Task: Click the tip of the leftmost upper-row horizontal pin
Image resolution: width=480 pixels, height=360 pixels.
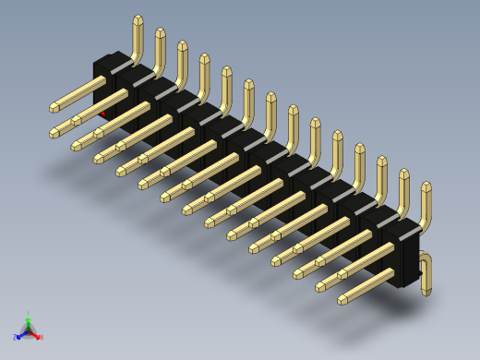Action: [x=54, y=109]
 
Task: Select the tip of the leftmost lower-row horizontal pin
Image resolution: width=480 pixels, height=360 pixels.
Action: [x=54, y=135]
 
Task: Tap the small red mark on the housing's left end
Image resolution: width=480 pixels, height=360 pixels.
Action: [x=102, y=114]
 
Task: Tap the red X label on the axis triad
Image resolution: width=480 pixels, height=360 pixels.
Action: [x=41, y=337]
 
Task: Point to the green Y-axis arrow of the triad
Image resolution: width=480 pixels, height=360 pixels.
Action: [x=29, y=322]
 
